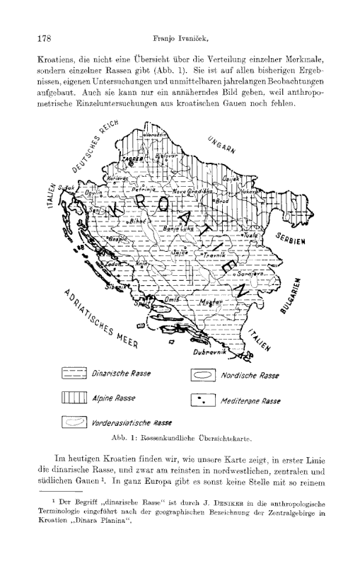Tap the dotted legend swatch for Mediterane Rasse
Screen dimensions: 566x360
click(204, 400)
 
